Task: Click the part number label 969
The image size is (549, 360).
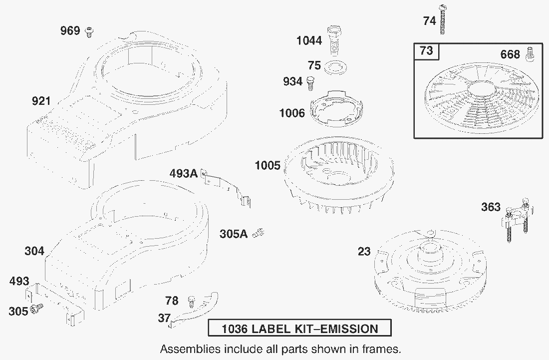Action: point(70,31)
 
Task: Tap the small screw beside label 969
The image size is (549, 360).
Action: point(89,32)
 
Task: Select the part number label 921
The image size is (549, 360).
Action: point(41,101)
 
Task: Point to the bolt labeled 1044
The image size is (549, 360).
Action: point(334,40)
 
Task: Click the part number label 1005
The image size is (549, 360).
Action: point(268,165)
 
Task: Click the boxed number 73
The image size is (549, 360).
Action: point(426,51)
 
